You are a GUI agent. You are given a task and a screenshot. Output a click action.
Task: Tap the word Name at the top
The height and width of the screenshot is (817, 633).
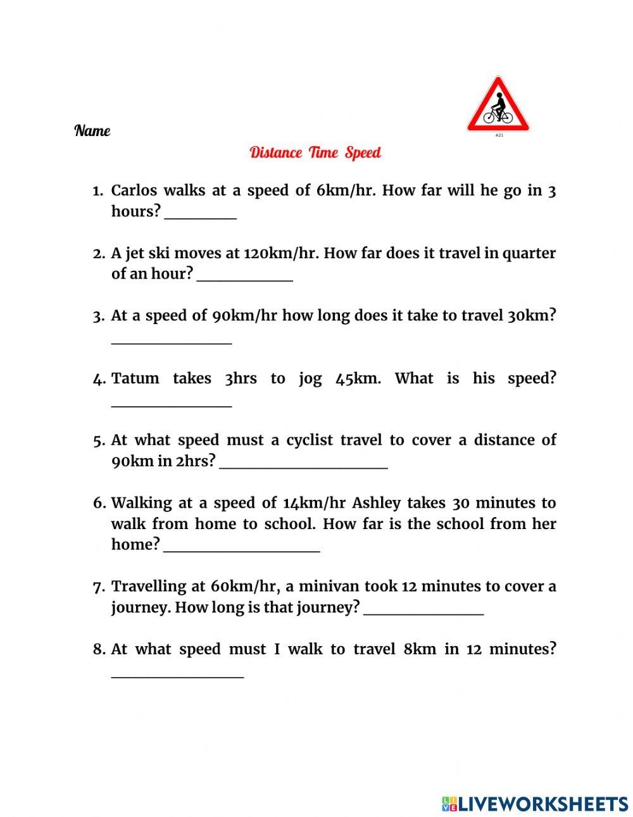click(92, 131)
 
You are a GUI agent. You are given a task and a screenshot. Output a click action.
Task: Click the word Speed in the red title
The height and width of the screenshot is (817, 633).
click(363, 153)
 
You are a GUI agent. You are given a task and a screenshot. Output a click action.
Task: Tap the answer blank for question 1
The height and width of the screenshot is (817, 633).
click(200, 215)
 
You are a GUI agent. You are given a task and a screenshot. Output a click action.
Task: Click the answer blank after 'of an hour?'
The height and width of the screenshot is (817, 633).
click(245, 278)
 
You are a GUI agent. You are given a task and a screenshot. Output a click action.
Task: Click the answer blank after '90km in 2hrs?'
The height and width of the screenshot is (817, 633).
click(304, 465)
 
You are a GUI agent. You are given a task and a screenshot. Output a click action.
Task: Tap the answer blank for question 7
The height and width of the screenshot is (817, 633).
click(424, 611)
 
